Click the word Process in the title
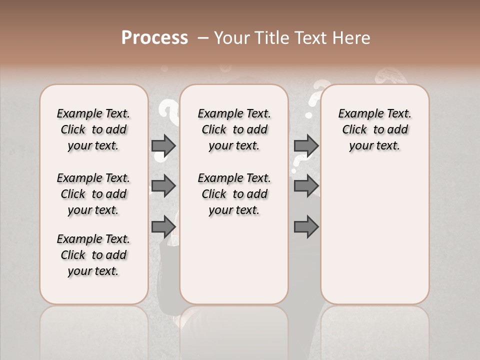tap(154, 38)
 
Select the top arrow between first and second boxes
tap(163, 145)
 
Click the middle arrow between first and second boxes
tap(163, 186)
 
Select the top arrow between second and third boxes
tap(306, 145)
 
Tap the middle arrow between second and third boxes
tap(306, 186)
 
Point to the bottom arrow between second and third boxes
tap(306, 226)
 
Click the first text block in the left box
tap(93, 129)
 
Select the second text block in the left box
tap(93, 194)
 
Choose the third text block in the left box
tap(93, 255)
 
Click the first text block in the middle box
tap(234, 129)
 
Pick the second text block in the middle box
tap(234, 194)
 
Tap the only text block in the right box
tap(375, 129)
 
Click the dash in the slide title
tap(203, 38)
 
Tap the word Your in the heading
tap(230, 38)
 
